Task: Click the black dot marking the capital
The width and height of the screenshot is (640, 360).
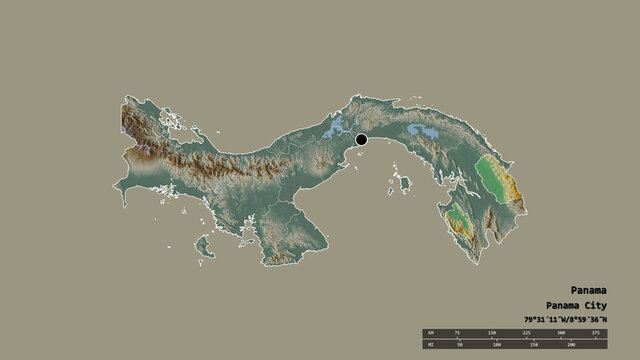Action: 361,141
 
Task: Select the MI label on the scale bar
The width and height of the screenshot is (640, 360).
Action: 432,344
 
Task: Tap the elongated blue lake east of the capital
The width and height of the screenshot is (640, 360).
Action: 421,131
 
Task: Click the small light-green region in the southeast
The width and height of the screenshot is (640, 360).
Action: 457,213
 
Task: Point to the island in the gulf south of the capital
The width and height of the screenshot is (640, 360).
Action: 404,183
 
